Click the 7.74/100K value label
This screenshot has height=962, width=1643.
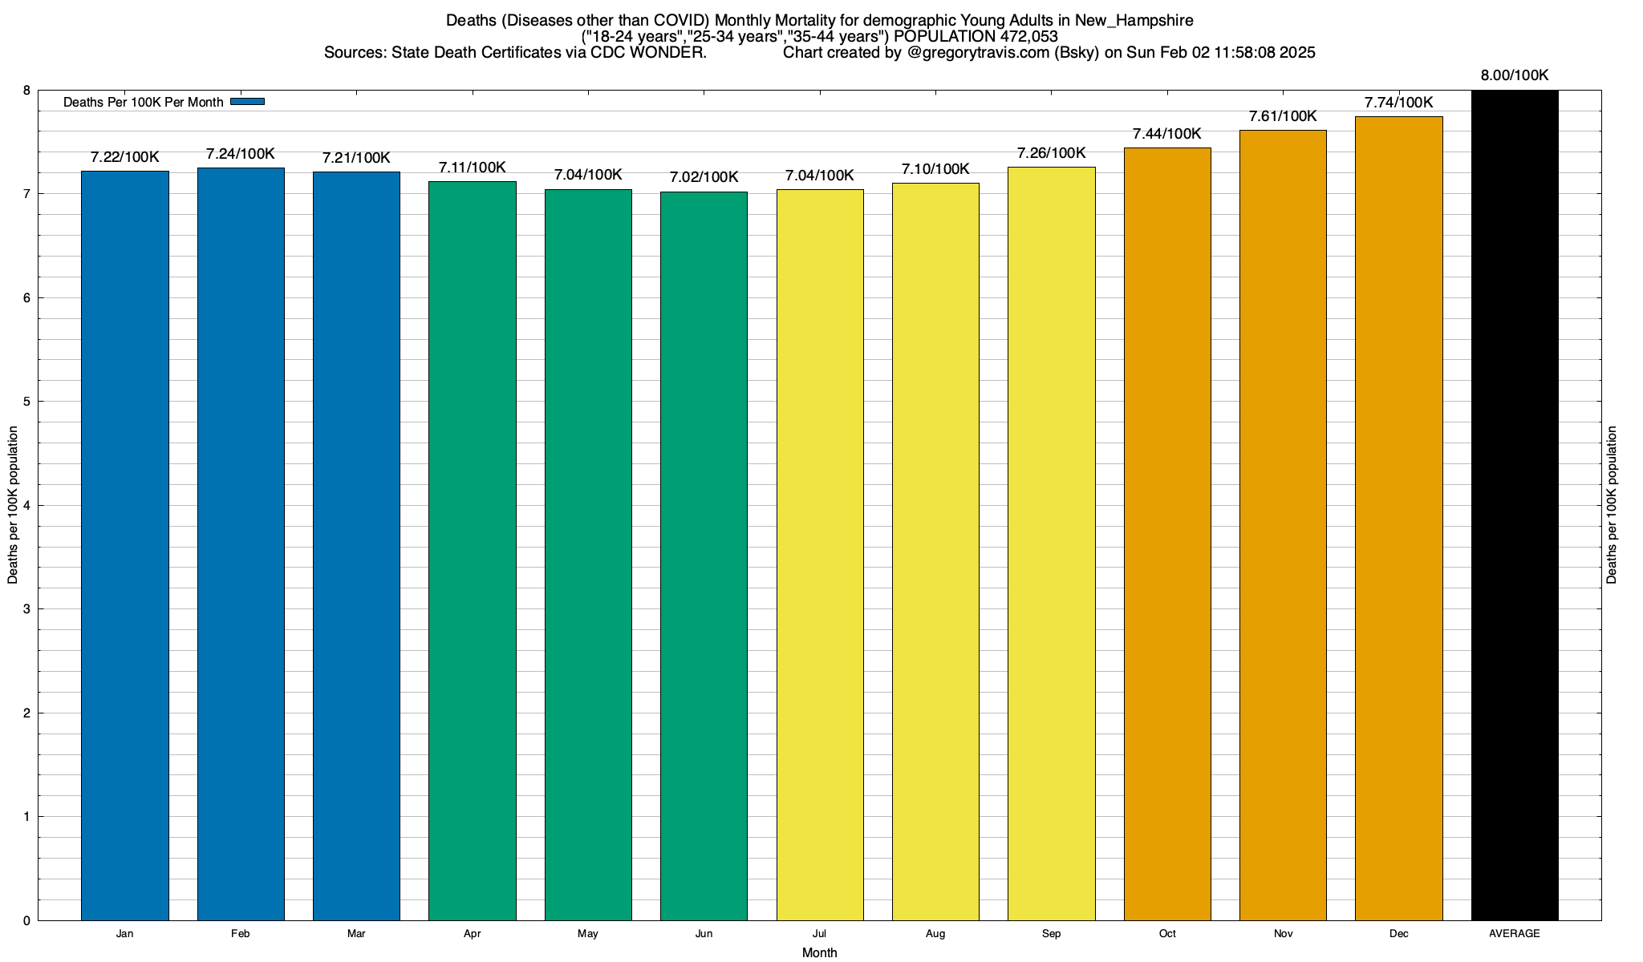(x=1398, y=103)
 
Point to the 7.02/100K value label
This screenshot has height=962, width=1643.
(x=704, y=177)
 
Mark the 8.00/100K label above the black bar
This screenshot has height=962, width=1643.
(x=1515, y=75)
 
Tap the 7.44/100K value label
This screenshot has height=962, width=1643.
(x=1166, y=134)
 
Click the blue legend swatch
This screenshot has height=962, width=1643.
(x=247, y=102)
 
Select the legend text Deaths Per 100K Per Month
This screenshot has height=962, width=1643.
(x=143, y=102)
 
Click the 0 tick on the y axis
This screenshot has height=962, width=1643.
(x=26, y=921)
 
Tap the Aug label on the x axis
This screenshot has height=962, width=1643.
(x=935, y=934)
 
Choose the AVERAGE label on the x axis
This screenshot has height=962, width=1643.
(x=1515, y=934)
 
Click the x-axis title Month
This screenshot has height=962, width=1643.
(x=819, y=953)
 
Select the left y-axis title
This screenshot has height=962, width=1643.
(x=13, y=505)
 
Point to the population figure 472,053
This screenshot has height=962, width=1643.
(x=1028, y=36)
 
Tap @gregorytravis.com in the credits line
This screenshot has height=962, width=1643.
(x=978, y=53)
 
